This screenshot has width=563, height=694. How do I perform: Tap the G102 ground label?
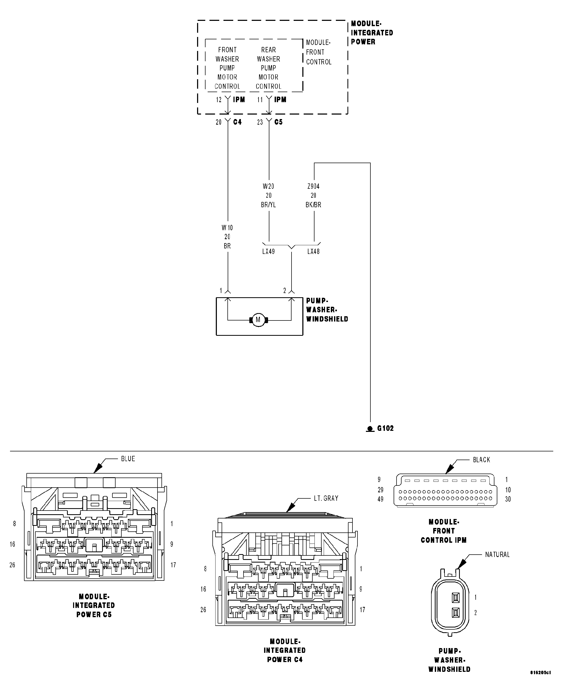click(x=385, y=428)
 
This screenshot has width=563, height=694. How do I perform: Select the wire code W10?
click(x=227, y=228)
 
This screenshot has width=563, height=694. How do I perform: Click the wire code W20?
click(x=268, y=186)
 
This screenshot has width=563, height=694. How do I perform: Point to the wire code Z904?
click(x=313, y=186)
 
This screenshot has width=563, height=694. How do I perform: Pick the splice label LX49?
click(x=268, y=252)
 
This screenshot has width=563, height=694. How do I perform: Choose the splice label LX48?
click(x=313, y=252)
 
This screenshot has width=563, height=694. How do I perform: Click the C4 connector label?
click(x=237, y=122)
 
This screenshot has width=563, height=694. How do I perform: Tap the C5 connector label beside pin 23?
click(x=278, y=122)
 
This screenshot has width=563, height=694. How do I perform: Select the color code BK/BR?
click(x=313, y=205)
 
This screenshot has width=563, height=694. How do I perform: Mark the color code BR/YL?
click(x=268, y=205)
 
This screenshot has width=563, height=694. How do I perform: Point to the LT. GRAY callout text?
click(x=326, y=498)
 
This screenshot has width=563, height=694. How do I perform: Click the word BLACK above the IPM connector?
click(x=481, y=460)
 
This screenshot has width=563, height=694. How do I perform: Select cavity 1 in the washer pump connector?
click(x=456, y=598)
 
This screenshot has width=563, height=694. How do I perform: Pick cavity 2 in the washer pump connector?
click(x=456, y=613)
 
